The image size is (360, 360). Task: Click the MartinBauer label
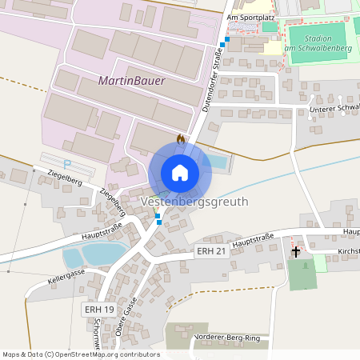coord(132,81)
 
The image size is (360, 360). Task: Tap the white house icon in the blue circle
coord(180,172)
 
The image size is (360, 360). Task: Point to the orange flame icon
coord(181,138)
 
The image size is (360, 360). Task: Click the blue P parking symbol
coord(67,164)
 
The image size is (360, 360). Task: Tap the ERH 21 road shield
coord(210,251)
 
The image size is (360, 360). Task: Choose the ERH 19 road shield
coord(99,309)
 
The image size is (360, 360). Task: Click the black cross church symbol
coord(295,252)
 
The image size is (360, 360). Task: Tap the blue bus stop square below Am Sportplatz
coord(227,38)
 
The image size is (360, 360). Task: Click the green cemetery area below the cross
coord(302,274)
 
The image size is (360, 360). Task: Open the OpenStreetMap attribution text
coord(80,354)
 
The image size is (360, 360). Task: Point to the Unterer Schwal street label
coord(332,108)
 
